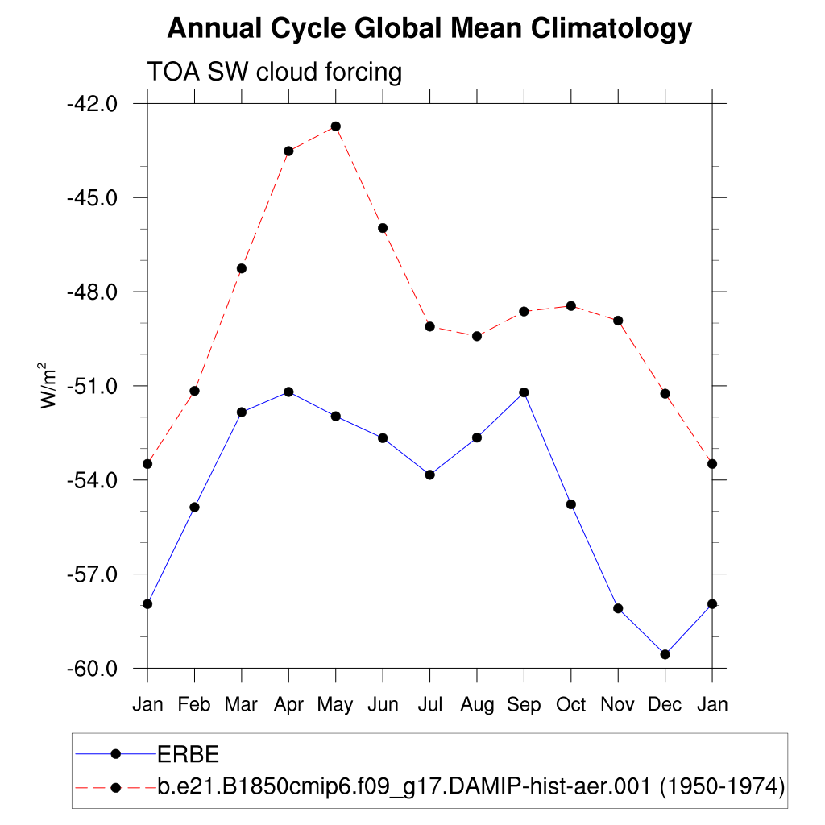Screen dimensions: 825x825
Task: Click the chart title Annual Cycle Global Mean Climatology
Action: tap(429, 29)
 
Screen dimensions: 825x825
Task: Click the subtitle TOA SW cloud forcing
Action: tap(274, 73)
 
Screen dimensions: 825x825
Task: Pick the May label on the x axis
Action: tap(335, 705)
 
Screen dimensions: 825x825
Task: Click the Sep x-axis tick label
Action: tap(524, 705)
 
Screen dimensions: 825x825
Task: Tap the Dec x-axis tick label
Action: tap(665, 705)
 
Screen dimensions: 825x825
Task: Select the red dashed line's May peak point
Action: tap(335, 126)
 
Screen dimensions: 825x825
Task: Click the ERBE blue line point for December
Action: tap(665, 654)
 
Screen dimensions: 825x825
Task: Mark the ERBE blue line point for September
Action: tap(524, 392)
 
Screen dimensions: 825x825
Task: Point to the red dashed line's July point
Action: tap(430, 326)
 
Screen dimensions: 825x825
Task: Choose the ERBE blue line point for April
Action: tap(288, 392)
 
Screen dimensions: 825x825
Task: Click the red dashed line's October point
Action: tap(571, 306)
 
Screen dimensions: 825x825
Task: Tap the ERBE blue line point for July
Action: tap(430, 475)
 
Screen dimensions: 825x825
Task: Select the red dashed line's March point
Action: tap(241, 268)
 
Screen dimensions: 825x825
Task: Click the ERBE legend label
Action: tap(188, 755)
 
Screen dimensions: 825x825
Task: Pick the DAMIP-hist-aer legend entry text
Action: tap(471, 787)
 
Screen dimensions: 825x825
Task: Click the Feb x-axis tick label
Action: tap(194, 705)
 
